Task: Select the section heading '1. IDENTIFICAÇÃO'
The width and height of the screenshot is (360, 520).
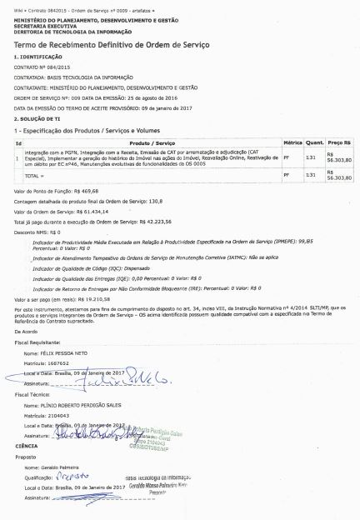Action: pyautogui.click(x=38, y=56)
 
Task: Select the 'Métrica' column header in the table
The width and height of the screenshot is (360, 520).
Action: pyautogui.click(x=292, y=143)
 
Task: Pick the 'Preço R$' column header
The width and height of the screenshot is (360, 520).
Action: pyautogui.click(x=340, y=143)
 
